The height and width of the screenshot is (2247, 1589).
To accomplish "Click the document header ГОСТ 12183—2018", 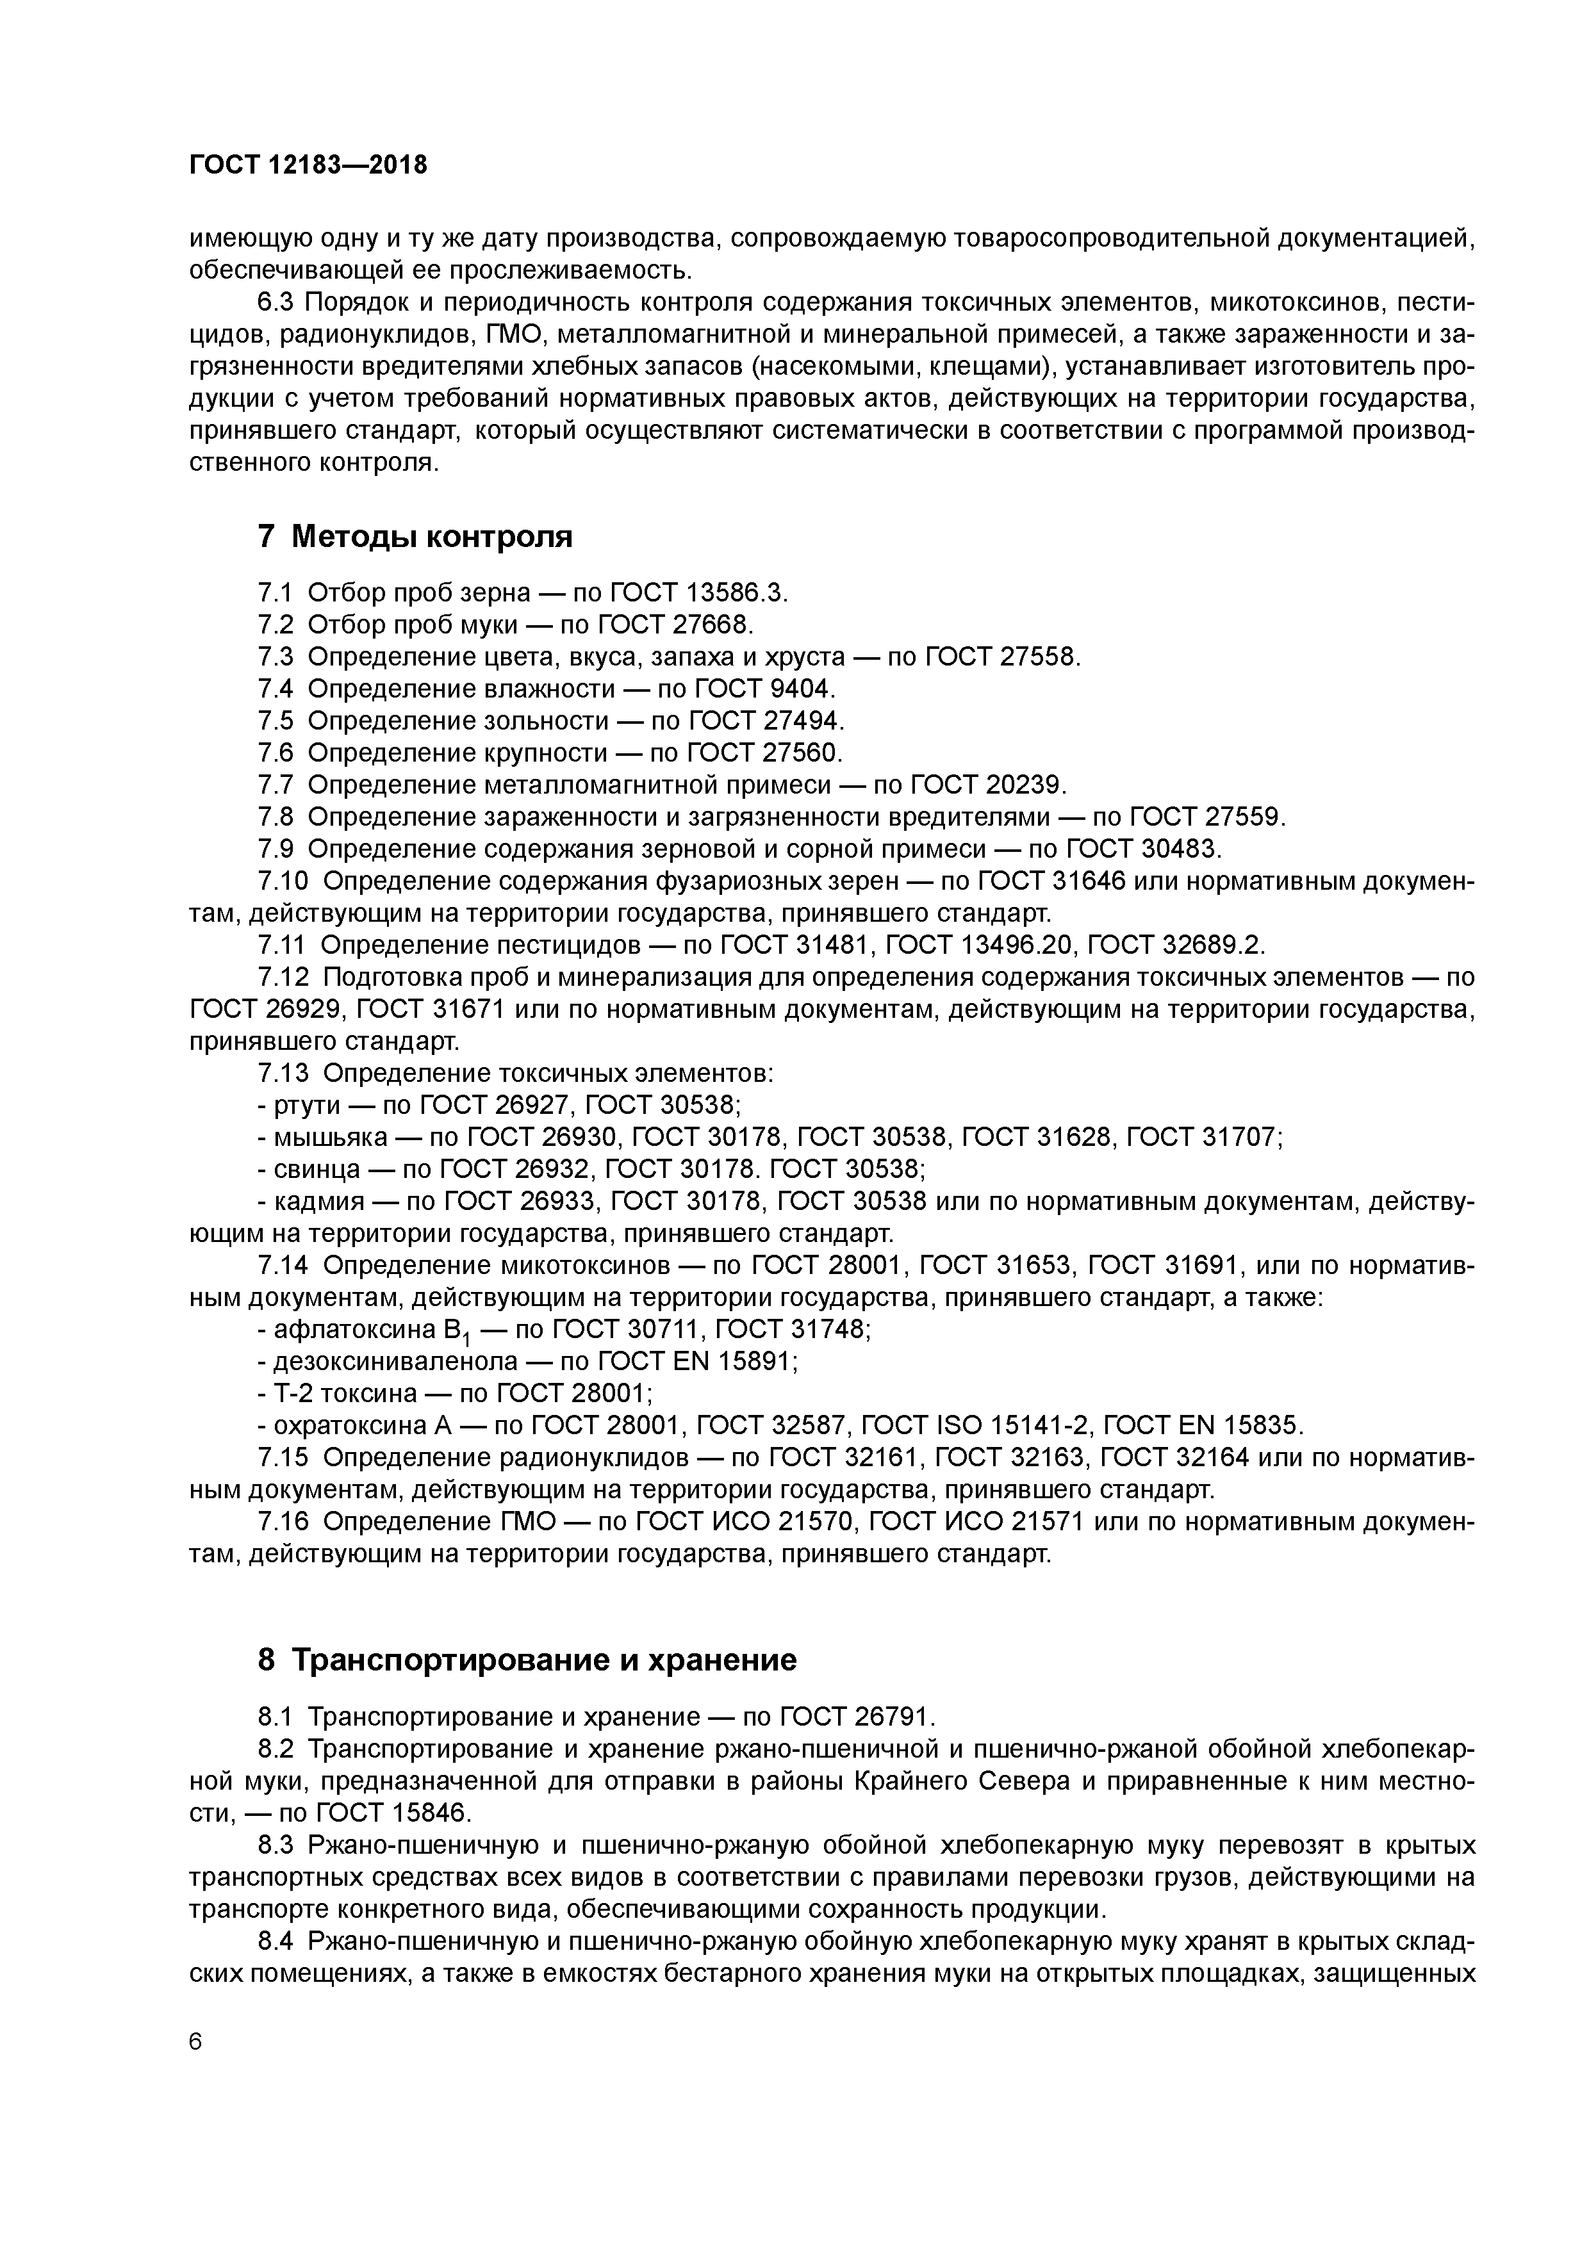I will tap(308, 165).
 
